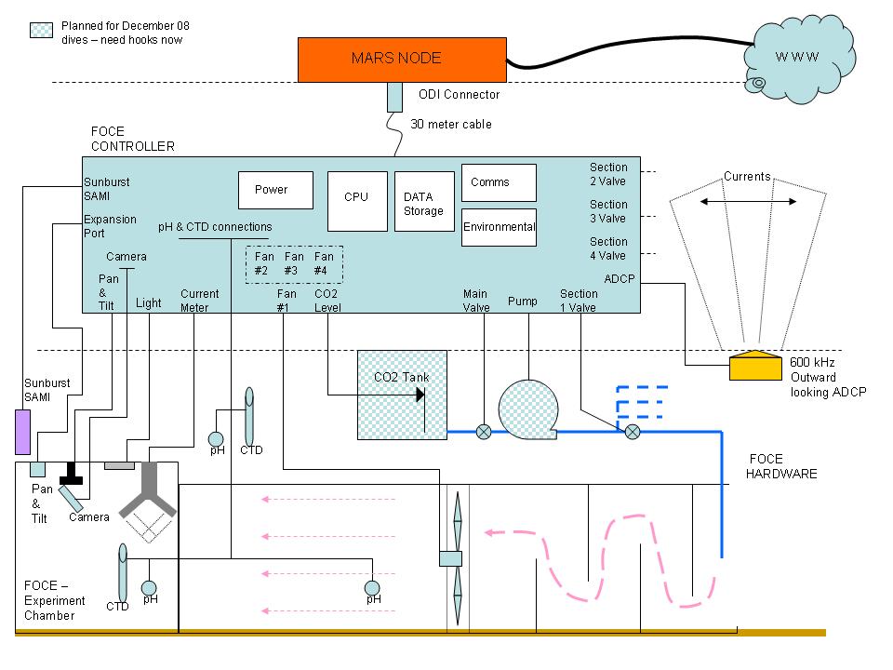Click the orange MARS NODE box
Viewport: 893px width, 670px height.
pyautogui.click(x=402, y=60)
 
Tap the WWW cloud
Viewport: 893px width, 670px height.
pyautogui.click(x=799, y=59)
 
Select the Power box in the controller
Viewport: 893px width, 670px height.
pyautogui.click(x=275, y=190)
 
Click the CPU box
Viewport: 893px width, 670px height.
pyautogui.click(x=357, y=201)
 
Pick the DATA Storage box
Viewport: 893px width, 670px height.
pyautogui.click(x=424, y=201)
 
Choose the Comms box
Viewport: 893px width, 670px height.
pyautogui.click(x=499, y=183)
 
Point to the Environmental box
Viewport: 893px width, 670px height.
pyautogui.click(x=499, y=227)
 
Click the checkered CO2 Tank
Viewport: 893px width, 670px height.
pyautogui.click(x=402, y=395)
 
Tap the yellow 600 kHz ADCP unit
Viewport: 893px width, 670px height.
pyautogui.click(x=755, y=365)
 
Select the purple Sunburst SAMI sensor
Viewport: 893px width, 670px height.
pyautogui.click(x=22, y=432)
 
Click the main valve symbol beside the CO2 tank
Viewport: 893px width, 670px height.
pyautogui.click(x=484, y=432)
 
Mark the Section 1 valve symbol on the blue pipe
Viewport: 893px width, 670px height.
pyautogui.click(x=633, y=432)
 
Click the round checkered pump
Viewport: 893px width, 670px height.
pyautogui.click(x=528, y=409)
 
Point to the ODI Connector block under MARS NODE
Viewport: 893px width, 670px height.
pyautogui.click(x=394, y=97)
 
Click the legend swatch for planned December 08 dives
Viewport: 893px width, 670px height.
pyautogui.click(x=41, y=30)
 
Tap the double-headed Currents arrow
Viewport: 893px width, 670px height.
pyautogui.click(x=748, y=202)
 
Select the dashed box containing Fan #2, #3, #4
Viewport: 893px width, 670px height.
pyautogui.click(x=295, y=264)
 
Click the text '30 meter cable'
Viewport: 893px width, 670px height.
pyautogui.click(x=451, y=124)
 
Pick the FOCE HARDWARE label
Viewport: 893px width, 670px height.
pyautogui.click(x=781, y=466)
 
